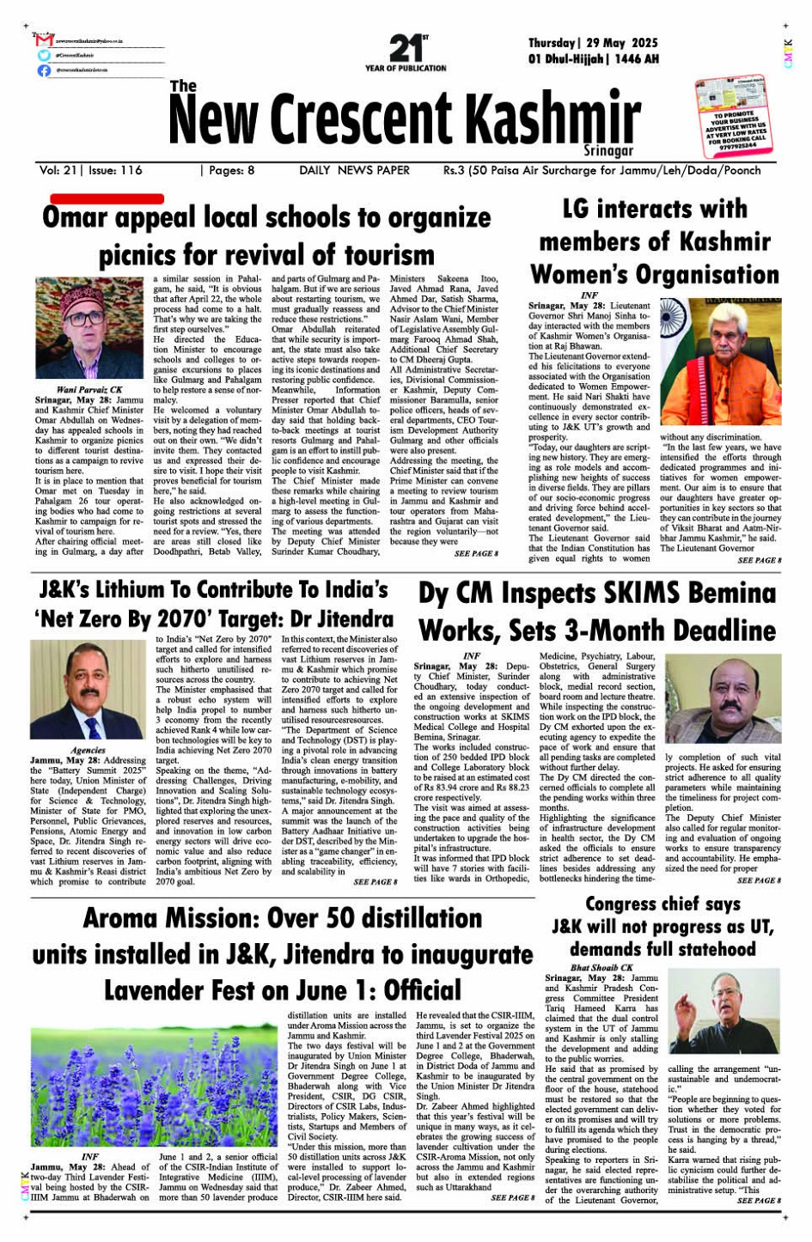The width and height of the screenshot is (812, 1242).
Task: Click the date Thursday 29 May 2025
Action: point(593,43)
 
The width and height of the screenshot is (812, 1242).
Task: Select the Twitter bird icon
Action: point(43,55)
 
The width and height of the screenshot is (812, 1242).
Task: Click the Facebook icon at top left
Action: point(43,70)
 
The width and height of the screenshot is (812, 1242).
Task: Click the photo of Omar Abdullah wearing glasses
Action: point(90,328)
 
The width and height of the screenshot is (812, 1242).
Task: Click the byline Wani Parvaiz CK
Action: point(89,390)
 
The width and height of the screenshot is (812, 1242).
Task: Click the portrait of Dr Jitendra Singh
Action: point(89,690)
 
